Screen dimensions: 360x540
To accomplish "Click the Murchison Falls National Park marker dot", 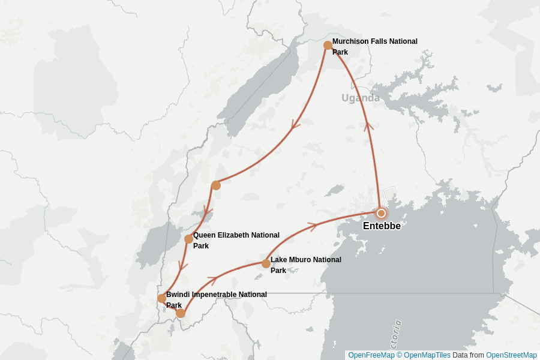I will coord(328,46).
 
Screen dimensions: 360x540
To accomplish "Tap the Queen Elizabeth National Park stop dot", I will coord(188,239).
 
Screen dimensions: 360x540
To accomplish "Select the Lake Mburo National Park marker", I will coord(266,263).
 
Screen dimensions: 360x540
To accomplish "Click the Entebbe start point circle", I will coord(381,213).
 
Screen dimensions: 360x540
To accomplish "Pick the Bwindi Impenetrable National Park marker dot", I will coord(161,298).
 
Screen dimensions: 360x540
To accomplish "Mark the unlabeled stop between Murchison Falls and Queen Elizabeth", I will coord(216,185).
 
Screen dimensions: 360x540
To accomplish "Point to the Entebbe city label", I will coord(382,226).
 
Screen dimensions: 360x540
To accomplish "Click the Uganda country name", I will coord(361,98).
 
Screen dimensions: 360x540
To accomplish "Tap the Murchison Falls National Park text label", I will coord(374,46).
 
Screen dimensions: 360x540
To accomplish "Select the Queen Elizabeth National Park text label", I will coord(236,240).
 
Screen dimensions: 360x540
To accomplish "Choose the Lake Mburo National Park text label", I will coord(305,265).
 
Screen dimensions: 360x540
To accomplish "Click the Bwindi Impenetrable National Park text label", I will coord(216,299).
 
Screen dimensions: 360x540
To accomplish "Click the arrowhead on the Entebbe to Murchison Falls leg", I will coord(368,125).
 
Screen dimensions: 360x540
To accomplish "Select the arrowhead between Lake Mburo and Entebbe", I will coord(311,226).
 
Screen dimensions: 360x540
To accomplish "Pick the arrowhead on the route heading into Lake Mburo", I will coord(211,280).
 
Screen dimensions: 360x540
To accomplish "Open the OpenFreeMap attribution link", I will coord(371,355).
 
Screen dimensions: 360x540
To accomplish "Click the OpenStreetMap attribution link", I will coord(511,355).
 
